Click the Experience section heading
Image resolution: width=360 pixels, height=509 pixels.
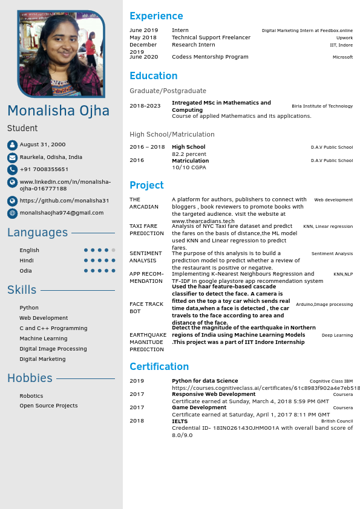tap(156, 16)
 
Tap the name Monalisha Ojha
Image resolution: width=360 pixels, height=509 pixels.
tap(59, 111)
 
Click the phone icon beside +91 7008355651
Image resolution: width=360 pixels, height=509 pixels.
tap(12, 169)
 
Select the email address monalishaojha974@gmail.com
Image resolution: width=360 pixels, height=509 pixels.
tap(61, 213)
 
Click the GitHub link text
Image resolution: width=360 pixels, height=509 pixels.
tap(64, 201)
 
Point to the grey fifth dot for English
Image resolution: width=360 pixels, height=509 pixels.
tap(113, 250)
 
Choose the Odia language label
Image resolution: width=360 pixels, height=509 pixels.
tap(25, 271)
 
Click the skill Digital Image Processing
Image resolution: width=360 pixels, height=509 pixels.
tap(53, 349)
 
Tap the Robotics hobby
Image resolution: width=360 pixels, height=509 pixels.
tap(31, 396)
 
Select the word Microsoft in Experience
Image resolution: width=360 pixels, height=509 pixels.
tap(342, 57)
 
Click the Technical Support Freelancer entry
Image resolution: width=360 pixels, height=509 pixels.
tap(211, 37)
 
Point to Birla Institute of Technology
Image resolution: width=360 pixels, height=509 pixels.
tap(322, 106)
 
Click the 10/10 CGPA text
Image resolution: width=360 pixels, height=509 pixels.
tap(189, 167)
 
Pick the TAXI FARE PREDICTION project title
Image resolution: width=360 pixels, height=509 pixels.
tap(146, 230)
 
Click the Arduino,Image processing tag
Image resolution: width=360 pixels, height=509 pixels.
tap(324, 305)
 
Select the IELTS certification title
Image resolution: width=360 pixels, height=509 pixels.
tap(180, 421)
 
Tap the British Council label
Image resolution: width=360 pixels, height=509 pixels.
tap(336, 421)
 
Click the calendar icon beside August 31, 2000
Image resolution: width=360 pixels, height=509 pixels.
tap(12, 145)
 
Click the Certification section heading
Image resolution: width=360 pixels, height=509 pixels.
tap(159, 366)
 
